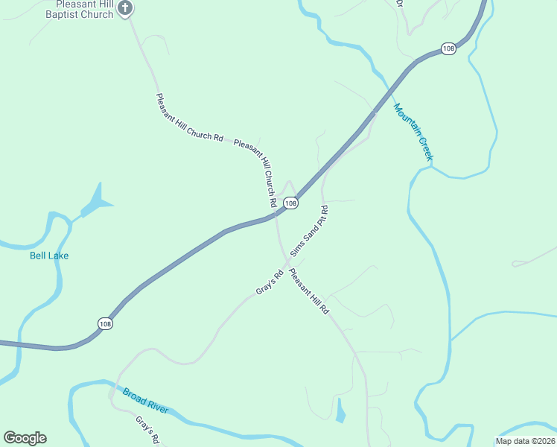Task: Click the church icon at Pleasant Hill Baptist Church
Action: coord(125,8)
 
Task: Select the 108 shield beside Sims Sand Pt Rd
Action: coord(290,203)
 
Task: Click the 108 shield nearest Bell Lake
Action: coord(105,323)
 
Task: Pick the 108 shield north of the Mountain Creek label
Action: coord(448,48)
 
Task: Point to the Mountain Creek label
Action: coord(413,131)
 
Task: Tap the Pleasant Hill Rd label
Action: coord(309,291)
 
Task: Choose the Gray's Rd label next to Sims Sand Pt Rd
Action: coord(270,282)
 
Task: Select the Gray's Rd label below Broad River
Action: coord(148,431)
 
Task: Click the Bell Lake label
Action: coord(49,256)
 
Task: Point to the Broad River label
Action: coord(146,401)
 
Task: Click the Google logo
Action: coord(25,438)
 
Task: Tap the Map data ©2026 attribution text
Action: coord(525,441)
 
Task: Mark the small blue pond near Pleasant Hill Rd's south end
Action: coord(340,410)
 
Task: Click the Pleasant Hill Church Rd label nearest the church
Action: coord(189,118)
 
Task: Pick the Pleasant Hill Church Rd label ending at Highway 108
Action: coord(257,171)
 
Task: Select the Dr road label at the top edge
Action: coord(399,4)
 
